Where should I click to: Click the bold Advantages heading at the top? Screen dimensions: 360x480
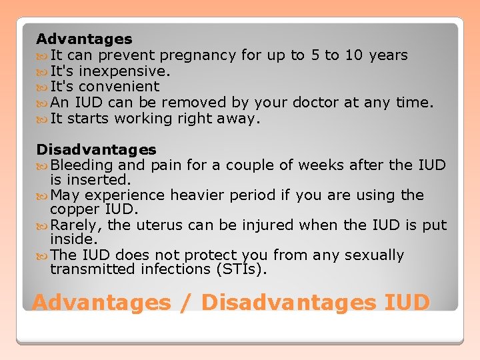tap(84, 39)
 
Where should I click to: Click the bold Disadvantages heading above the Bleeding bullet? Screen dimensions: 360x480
tap(96, 150)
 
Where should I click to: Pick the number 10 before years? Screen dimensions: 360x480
tap(353, 55)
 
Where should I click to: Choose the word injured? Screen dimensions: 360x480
tap(262, 225)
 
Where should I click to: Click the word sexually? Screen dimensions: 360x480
tap(373, 255)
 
